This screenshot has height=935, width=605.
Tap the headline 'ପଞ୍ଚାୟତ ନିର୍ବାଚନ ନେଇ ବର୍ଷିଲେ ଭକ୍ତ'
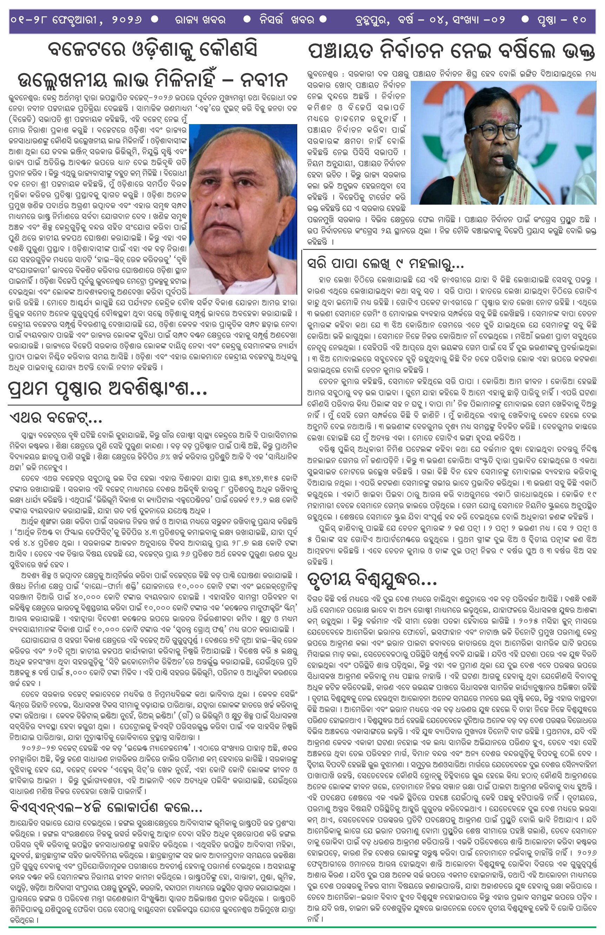click(x=451, y=51)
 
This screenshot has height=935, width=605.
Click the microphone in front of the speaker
click(x=510, y=162)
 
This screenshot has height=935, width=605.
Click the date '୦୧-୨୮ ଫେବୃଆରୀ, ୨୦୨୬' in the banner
click(x=77, y=19)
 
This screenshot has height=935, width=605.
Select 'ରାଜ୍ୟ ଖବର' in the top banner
click(x=201, y=19)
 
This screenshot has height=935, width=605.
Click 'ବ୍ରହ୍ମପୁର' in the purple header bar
click(x=371, y=19)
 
